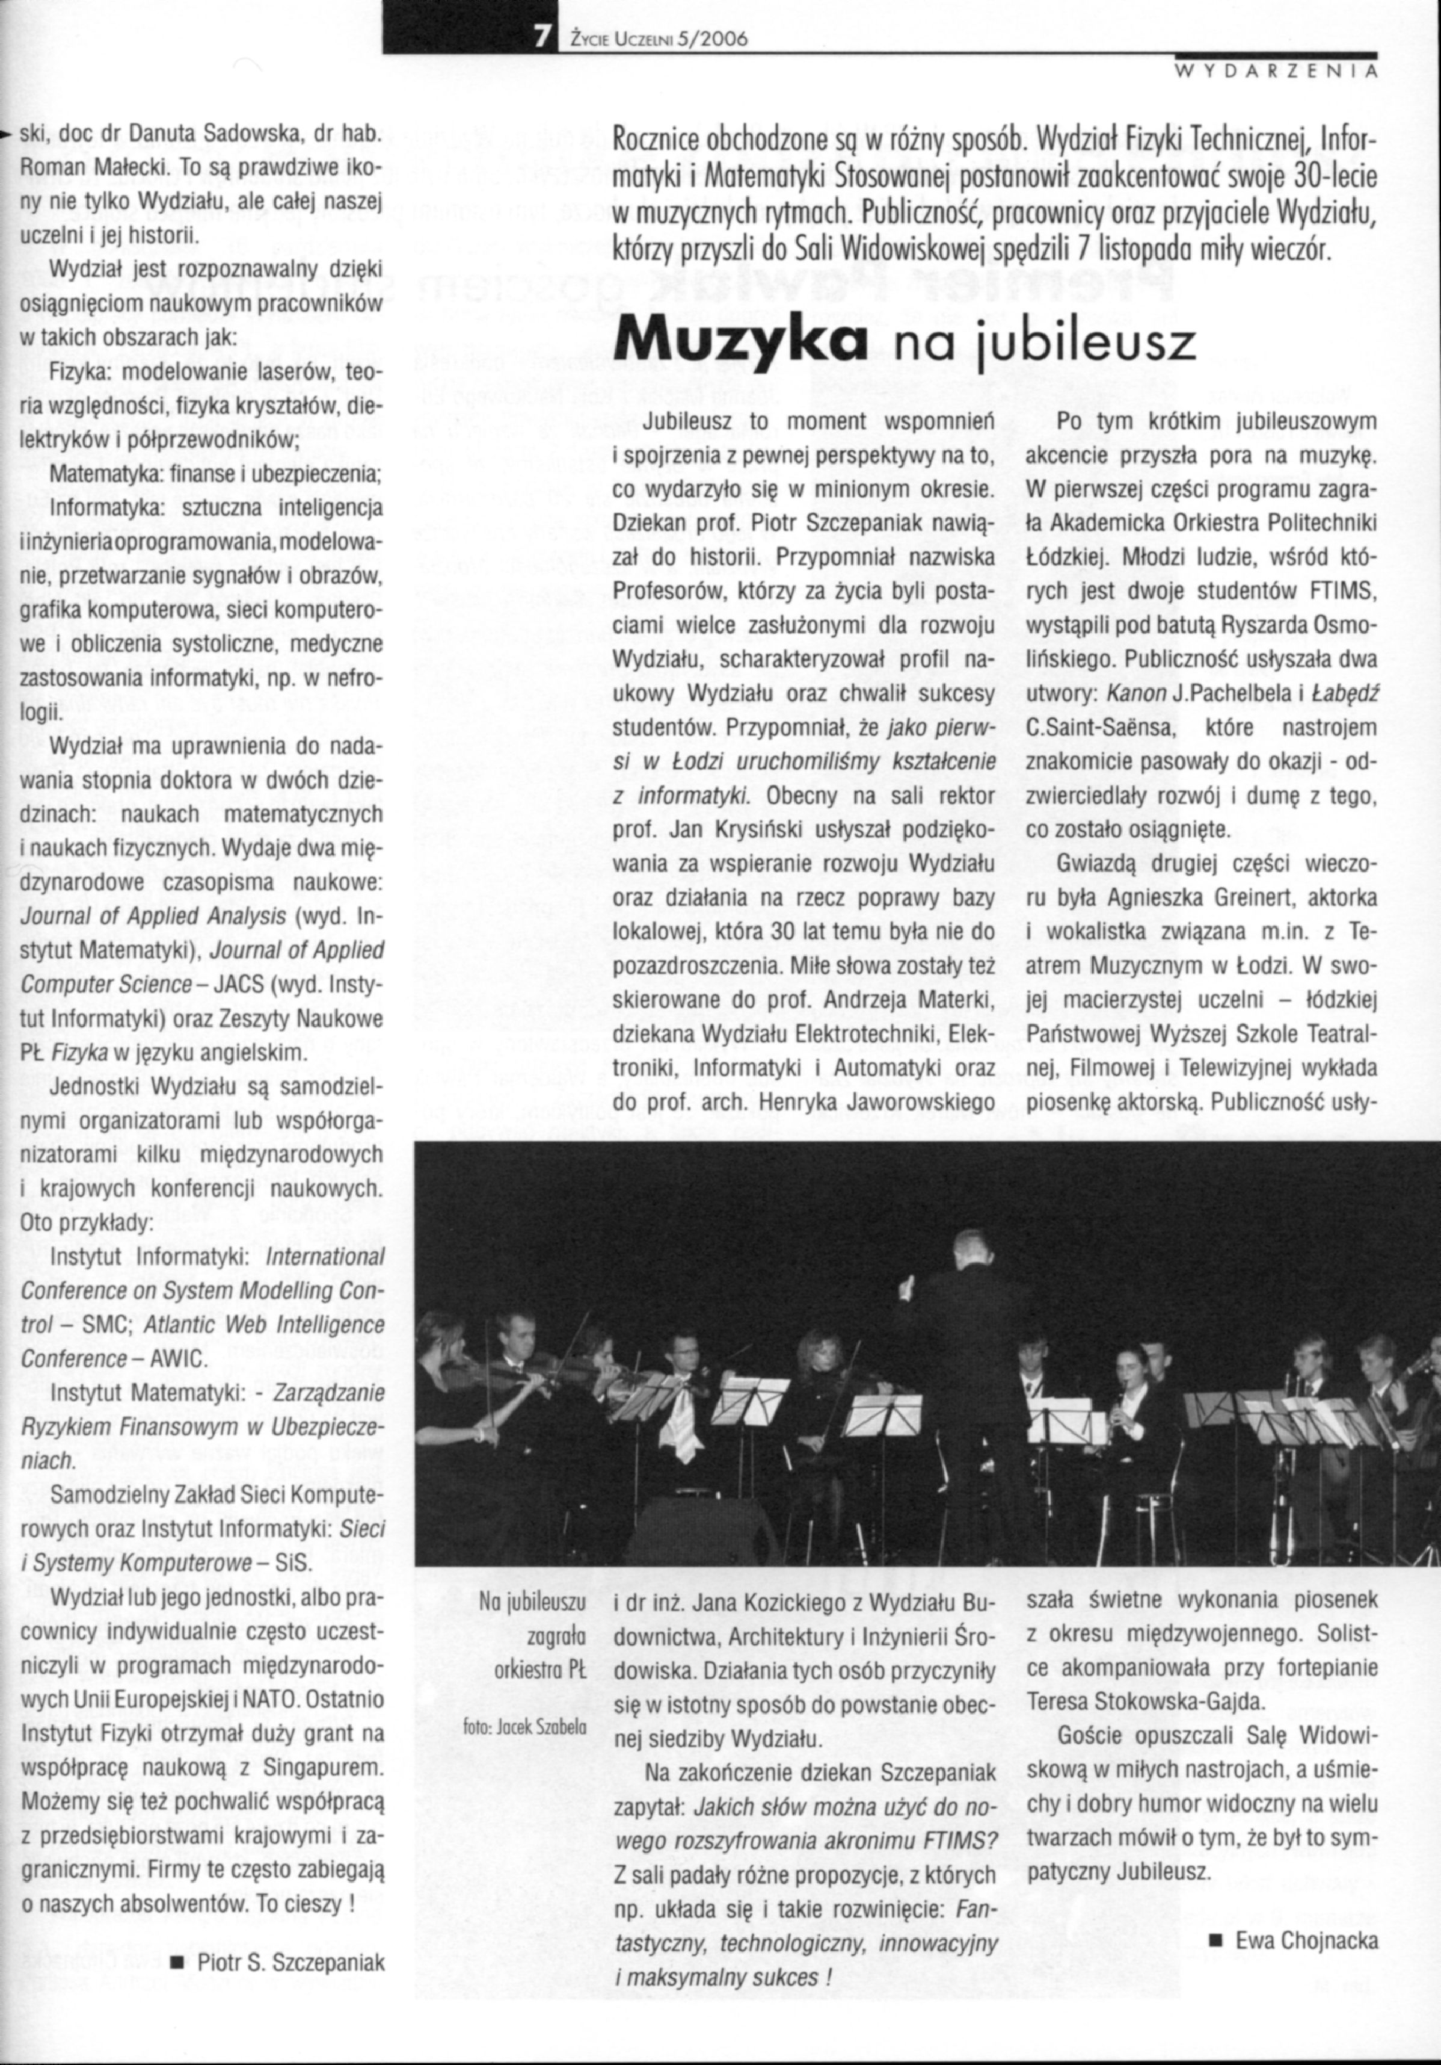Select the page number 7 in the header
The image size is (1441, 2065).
point(542,37)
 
